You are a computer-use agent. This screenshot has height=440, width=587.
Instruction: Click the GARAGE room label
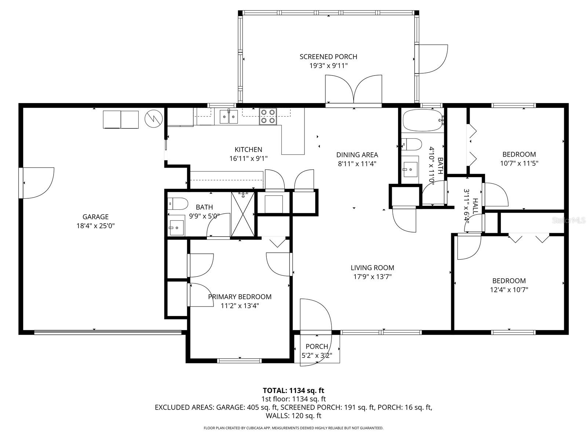tap(95, 217)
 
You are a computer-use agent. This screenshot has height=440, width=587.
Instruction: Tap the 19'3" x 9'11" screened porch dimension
tap(328, 66)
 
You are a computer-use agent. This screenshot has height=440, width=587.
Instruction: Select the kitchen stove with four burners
tap(268, 116)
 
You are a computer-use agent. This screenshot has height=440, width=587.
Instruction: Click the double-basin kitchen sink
tap(229, 117)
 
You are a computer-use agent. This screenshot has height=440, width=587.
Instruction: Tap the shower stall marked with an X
tap(243, 214)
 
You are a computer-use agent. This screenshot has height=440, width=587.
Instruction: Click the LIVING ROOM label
tap(372, 268)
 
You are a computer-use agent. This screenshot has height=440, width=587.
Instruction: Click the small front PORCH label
tap(317, 346)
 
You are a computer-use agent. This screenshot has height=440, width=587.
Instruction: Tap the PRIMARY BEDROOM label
tap(240, 297)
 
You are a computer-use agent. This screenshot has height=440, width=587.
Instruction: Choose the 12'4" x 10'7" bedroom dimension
tap(509, 290)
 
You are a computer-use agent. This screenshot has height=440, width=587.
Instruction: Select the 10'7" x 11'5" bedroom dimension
tap(519, 163)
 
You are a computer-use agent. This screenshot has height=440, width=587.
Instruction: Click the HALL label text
tap(475, 206)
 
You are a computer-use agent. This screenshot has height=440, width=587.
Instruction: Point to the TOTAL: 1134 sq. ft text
tap(293, 390)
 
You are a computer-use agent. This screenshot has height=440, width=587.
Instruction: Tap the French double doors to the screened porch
tap(354, 90)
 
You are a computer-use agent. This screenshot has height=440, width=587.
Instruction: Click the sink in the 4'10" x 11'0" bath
tap(410, 167)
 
